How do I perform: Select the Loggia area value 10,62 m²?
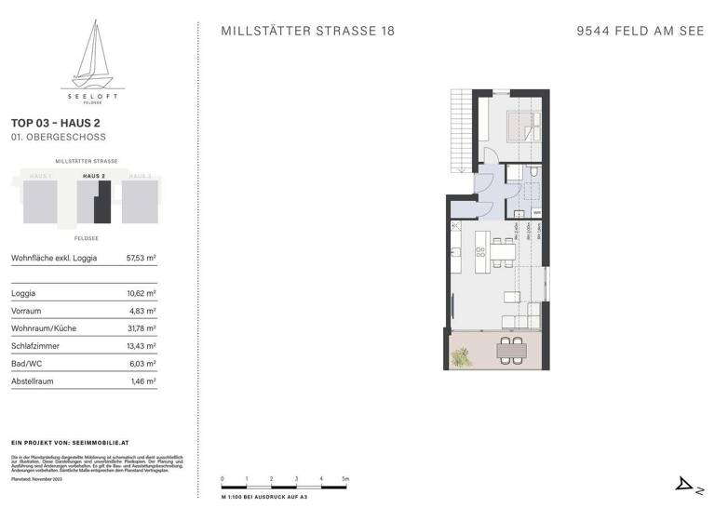tap(141, 293)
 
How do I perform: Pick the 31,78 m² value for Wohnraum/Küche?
tap(141, 328)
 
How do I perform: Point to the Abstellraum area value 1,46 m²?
tap(142, 381)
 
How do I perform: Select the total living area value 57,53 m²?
tap(141, 258)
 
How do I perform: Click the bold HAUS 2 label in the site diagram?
tap(94, 176)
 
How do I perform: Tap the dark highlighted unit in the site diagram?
tap(104, 203)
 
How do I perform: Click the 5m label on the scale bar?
tap(344, 479)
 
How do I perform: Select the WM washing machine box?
tap(537, 212)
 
